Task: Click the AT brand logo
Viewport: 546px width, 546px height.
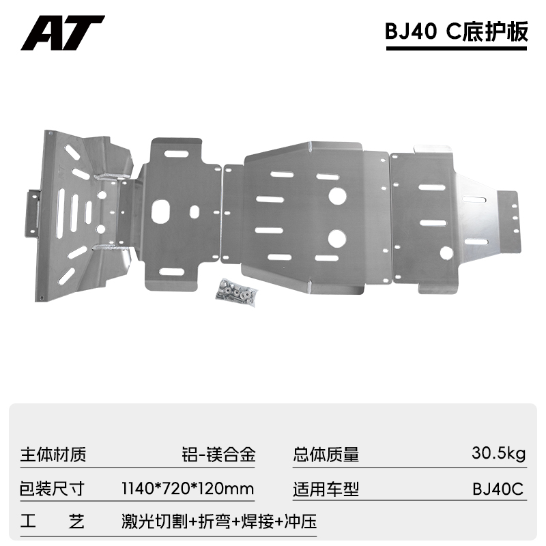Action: [x=62, y=32]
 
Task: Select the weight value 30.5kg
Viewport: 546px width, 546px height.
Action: [x=498, y=454]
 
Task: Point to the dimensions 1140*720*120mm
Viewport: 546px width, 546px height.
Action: [x=187, y=489]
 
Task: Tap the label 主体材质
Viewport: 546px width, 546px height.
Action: [x=54, y=454]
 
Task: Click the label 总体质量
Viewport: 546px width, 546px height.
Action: [x=326, y=454]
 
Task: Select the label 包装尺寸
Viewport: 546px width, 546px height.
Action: [x=54, y=489]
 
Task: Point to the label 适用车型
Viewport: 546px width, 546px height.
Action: [x=326, y=489]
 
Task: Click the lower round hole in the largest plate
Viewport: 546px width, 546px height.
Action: [x=336, y=238]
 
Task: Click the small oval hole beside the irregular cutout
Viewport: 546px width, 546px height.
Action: [x=195, y=212]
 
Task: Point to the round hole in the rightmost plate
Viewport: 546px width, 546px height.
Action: [x=446, y=253]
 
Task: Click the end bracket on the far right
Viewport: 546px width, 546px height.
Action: [x=515, y=216]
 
